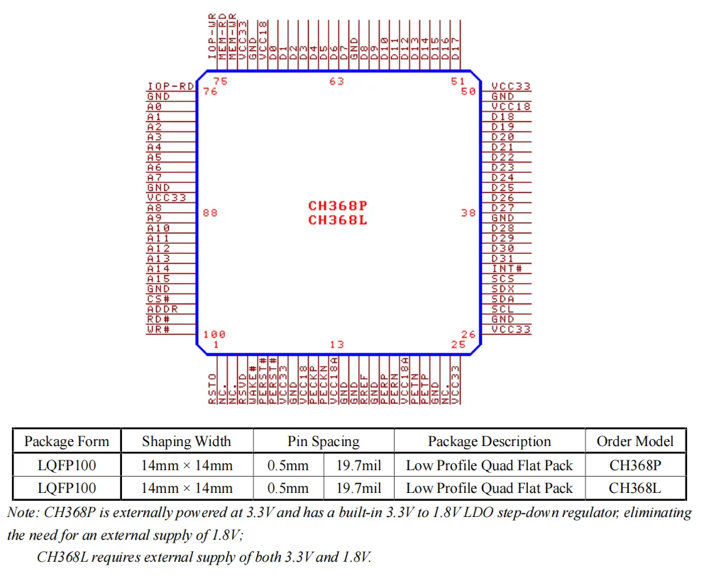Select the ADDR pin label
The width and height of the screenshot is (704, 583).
click(x=163, y=309)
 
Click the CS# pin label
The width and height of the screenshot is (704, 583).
click(x=158, y=299)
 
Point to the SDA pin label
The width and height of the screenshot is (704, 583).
click(x=502, y=299)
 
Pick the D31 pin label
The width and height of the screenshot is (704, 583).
click(x=502, y=259)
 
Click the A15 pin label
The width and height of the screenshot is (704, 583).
click(x=158, y=279)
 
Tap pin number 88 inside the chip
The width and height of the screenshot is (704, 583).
click(x=210, y=213)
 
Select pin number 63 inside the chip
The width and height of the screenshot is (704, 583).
click(x=336, y=82)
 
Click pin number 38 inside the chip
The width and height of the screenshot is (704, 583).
click(x=468, y=213)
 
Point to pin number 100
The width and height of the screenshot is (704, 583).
click(x=214, y=335)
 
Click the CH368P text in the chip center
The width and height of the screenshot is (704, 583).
click(x=337, y=206)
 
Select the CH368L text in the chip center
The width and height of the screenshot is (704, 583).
click(x=337, y=220)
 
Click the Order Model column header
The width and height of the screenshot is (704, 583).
click(x=634, y=441)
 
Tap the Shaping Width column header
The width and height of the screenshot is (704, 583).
click(x=187, y=441)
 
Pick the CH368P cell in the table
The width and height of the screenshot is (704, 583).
click(x=634, y=466)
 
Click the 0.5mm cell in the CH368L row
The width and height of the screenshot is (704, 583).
click(x=288, y=488)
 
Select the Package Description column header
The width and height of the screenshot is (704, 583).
click(x=489, y=441)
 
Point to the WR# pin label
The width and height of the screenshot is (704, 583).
click(x=158, y=330)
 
